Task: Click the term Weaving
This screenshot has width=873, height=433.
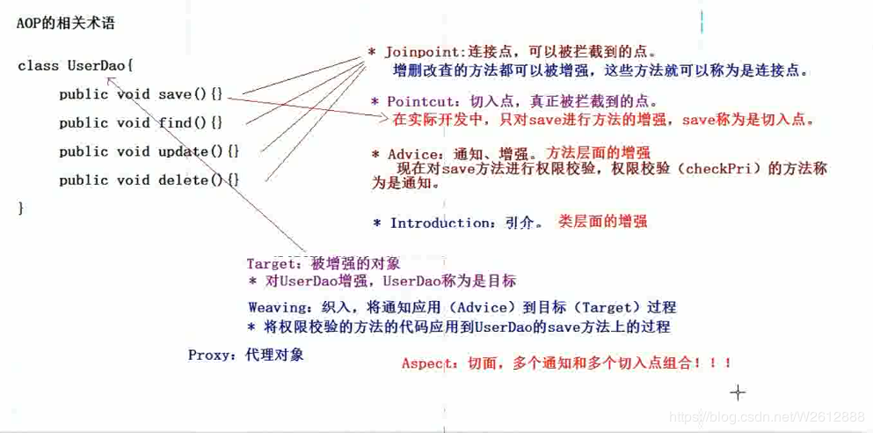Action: coord(274,307)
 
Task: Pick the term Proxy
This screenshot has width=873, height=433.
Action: coord(208,355)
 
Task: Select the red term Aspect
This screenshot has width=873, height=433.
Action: coord(427,363)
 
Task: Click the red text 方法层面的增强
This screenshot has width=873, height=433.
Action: coord(602,153)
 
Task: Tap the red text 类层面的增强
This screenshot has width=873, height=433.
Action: coord(602,222)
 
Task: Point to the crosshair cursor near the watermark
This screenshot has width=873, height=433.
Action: coord(738,393)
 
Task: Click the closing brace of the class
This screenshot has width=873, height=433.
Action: coord(22,209)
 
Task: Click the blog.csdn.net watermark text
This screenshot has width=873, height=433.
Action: coord(765,415)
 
